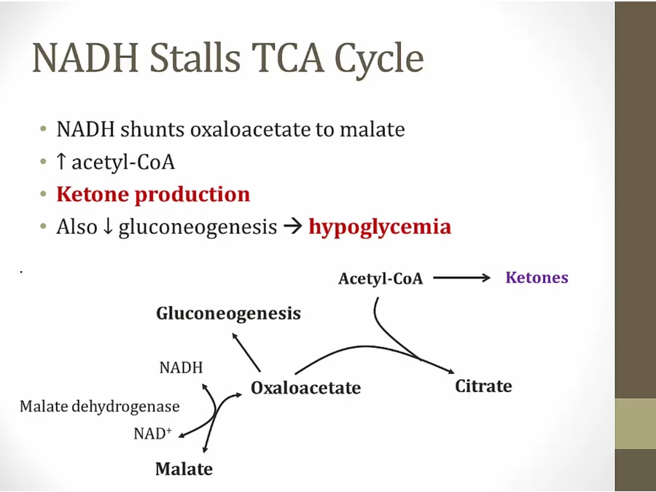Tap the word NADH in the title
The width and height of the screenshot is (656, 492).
tap(86, 58)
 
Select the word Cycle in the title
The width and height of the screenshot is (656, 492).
tap(378, 58)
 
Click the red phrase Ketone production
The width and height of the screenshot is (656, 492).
tap(153, 195)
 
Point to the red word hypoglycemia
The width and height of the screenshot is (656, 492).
tap(380, 227)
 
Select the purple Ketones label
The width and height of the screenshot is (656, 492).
tap(536, 278)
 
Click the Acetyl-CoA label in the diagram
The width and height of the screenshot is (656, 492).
tap(380, 278)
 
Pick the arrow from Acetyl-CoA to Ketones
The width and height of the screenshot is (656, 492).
tap(463, 278)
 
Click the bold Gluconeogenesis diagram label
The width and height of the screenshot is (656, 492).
tap(228, 313)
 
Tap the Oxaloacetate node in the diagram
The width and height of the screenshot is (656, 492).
tap(305, 388)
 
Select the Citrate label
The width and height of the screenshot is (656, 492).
tap(483, 386)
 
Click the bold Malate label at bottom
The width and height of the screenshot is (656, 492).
tap(184, 469)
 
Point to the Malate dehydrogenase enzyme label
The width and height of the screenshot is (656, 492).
tap(99, 407)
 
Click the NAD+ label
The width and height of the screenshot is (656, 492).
tap(152, 434)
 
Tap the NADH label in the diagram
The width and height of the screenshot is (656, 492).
tap(181, 367)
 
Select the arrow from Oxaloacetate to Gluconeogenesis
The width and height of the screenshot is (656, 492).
tap(246, 351)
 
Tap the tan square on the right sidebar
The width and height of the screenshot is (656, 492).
tap(635, 423)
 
